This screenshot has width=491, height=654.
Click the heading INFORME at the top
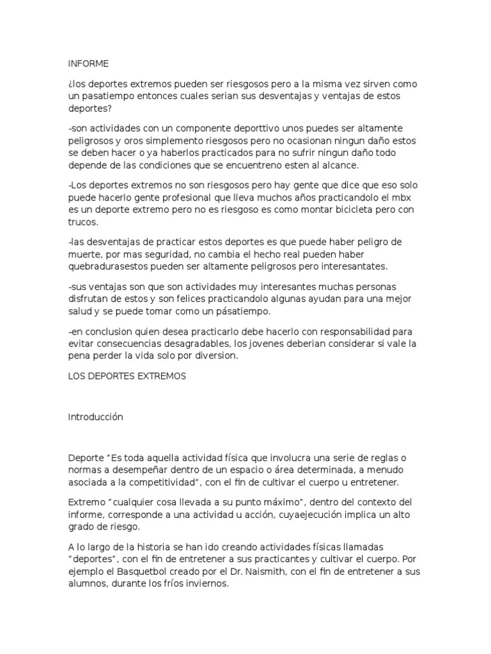pos(88,63)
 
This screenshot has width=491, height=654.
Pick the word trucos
pos(82,223)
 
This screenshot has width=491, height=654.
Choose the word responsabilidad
pos(344,332)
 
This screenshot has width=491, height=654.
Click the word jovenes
pos(257,344)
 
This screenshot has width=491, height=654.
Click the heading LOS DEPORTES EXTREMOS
pos(127,377)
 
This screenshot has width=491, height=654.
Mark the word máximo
pos(279,503)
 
